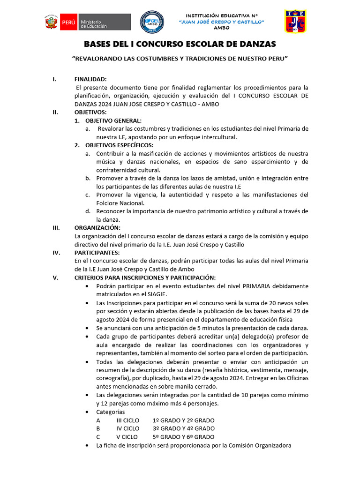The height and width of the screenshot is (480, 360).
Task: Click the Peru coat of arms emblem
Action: point(51,22)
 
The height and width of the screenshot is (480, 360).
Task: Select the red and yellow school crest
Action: point(296,22)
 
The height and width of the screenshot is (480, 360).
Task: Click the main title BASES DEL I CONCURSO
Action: point(180,44)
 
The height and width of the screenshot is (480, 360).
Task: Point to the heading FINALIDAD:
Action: point(90,79)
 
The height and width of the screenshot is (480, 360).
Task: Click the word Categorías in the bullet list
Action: point(111,412)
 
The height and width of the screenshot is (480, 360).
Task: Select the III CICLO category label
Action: point(128,420)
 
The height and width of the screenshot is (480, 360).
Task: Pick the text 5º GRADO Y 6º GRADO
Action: point(184,437)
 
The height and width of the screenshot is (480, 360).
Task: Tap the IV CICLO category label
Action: point(128,428)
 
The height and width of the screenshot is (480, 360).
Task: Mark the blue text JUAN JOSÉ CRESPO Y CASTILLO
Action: point(222,22)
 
